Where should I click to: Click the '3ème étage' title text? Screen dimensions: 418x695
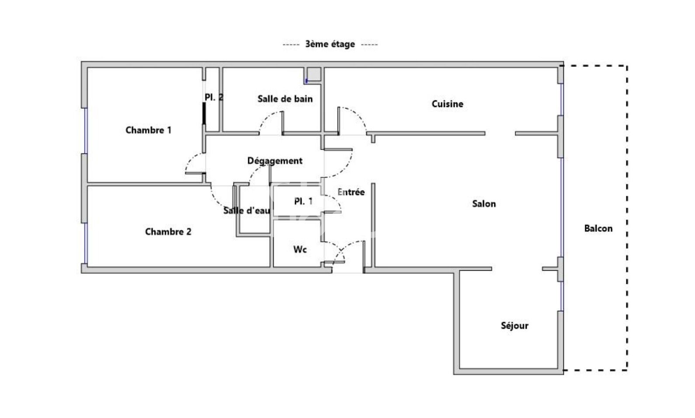tap(330, 44)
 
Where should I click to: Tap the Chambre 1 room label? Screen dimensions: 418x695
tap(148, 130)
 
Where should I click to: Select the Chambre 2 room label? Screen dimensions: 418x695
tap(168, 231)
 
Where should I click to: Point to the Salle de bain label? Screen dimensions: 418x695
tap(285, 99)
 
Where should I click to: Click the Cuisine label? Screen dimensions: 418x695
tap(447, 104)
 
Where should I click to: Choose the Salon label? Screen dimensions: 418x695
tap(484, 203)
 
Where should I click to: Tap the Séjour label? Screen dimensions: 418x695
tap(514, 326)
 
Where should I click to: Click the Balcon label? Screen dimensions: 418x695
tap(598, 228)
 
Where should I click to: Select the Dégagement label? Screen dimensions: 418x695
tap(275, 160)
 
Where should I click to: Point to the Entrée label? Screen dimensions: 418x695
tap(351, 192)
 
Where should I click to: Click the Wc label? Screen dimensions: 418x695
tap(300, 249)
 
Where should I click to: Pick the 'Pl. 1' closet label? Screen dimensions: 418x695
tap(303, 202)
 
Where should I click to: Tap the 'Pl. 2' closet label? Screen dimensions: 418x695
tap(214, 98)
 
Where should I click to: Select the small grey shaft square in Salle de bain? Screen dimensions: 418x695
tap(313, 74)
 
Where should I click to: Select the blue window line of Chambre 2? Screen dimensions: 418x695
tap(86, 243)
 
